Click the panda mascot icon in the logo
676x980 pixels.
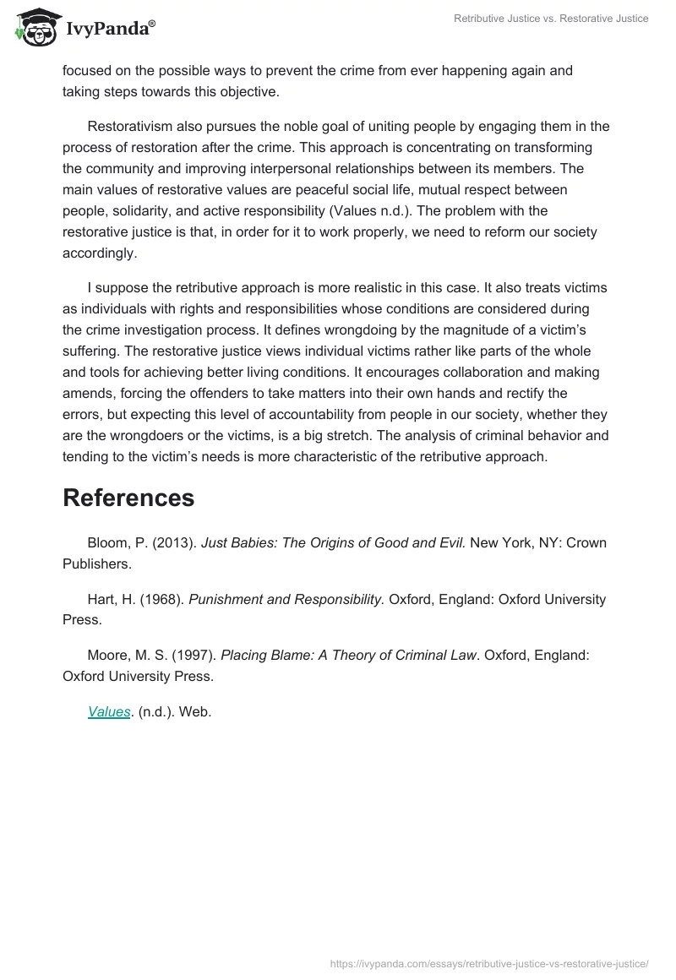coord(33,30)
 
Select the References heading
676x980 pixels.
coord(128,498)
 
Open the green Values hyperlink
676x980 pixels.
coord(109,711)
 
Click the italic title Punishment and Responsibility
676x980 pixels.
coord(286,599)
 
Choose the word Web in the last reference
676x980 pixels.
coord(195,711)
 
